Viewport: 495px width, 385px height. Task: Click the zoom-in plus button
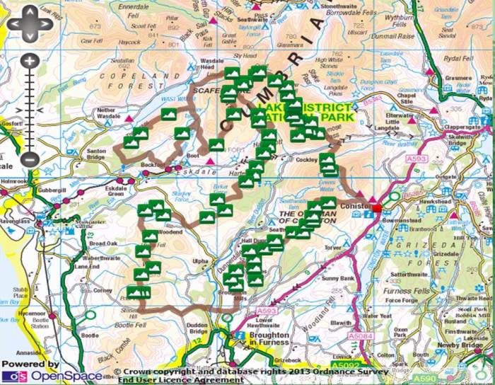tap(29, 61)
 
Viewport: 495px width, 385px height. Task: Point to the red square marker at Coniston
tap(376, 208)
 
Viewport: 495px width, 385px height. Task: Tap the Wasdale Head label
tap(212, 66)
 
